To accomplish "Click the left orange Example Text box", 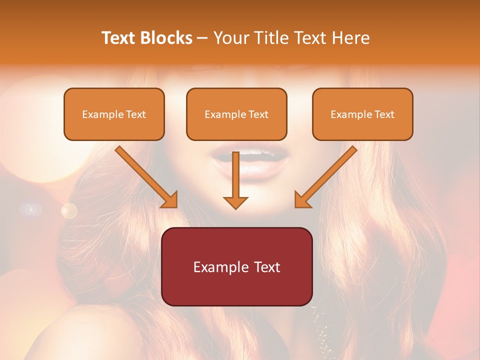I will point(114,114).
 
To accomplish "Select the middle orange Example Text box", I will point(236,114).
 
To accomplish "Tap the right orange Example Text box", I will point(362,114).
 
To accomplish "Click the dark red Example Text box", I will point(237,266).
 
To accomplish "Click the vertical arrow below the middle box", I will point(235,180).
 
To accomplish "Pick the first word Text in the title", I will point(119,38).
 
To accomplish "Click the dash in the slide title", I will point(202,38).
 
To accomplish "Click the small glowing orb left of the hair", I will point(69,210).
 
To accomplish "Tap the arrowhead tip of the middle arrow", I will point(235,208).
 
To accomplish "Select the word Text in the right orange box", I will point(384,114).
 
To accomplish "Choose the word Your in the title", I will point(230,38).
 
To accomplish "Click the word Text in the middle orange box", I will point(258,114).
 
